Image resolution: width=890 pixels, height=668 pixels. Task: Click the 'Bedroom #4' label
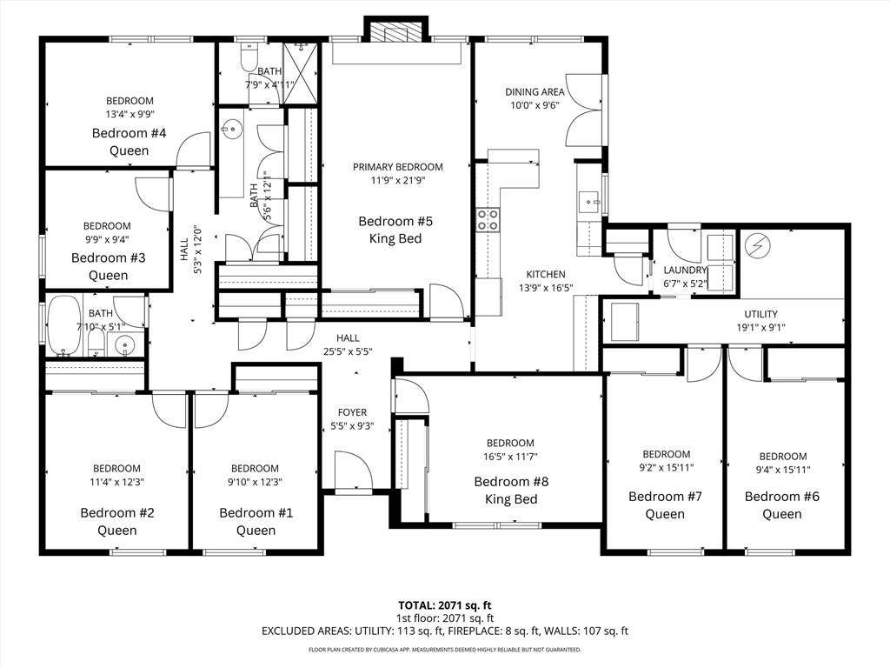coord(130,133)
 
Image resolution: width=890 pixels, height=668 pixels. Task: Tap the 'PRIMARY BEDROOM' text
coord(397,167)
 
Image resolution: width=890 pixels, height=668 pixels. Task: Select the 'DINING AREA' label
coord(535,92)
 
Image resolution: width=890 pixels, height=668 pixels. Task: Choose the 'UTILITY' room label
coord(760,314)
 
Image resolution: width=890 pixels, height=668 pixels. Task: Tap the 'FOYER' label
coord(352,412)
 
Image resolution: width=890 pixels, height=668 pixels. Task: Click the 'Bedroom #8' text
coord(510,481)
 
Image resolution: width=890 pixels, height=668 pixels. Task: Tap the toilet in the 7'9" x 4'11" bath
coord(249,57)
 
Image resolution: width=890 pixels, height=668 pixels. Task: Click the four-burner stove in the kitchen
coord(488,220)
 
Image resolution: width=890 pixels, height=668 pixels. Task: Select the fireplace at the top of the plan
coord(395,31)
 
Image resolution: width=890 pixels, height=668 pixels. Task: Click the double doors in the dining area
coord(585,110)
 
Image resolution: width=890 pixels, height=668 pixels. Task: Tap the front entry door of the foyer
coord(353,474)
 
